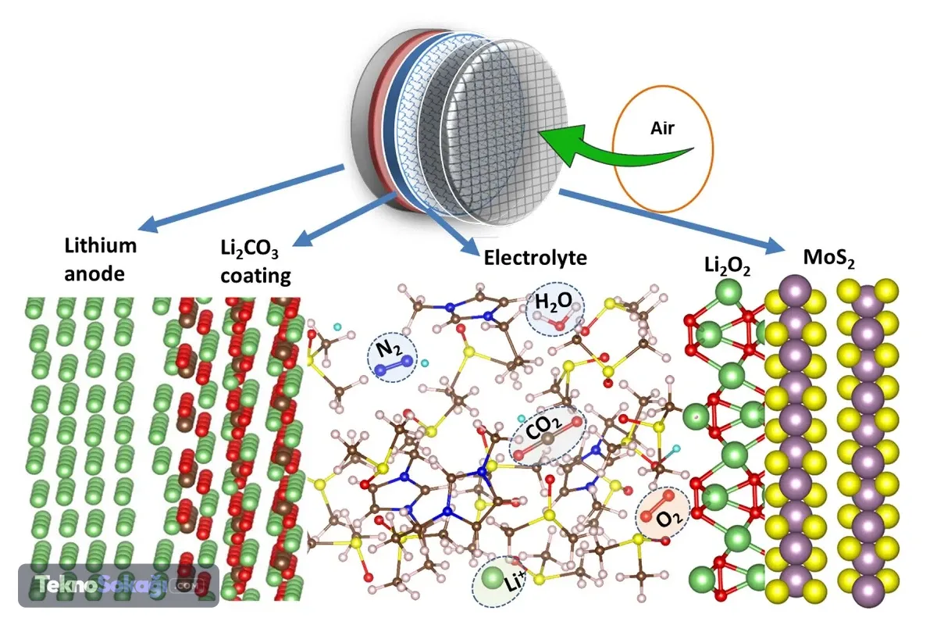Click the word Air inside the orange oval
click(662, 128)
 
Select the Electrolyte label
click(536, 258)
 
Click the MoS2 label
click(829, 259)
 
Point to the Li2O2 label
click(727, 266)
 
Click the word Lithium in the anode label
click(101, 246)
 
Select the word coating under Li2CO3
click(255, 277)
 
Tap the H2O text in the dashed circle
click(554, 302)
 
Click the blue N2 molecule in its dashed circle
click(394, 366)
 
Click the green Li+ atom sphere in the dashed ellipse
click(493, 578)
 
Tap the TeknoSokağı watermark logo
click(119, 585)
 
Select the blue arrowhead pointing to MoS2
click(774, 246)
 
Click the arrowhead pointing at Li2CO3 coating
click(302, 238)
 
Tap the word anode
click(94, 274)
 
